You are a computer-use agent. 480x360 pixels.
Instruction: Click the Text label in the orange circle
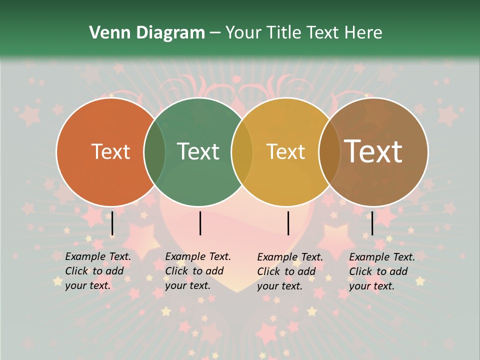[110, 151]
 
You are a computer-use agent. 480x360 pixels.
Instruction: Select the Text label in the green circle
[198, 151]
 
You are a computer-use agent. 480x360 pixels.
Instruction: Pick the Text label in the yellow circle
[285, 151]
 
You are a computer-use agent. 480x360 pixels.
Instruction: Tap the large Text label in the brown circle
[373, 151]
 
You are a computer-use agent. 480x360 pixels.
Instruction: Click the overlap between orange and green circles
[154, 151]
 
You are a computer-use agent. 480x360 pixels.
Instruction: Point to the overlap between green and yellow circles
[242, 151]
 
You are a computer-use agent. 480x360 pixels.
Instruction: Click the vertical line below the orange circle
[112, 223]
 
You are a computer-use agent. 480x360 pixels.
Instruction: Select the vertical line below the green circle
[200, 223]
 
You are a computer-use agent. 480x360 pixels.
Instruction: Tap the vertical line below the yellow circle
[288, 223]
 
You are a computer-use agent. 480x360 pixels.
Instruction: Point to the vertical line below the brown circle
[372, 223]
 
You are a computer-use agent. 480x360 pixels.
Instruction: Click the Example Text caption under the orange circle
[98, 271]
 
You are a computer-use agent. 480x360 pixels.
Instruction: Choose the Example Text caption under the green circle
[198, 271]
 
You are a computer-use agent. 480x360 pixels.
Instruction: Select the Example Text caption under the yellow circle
[290, 271]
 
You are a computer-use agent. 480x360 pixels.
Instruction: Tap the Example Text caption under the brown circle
[382, 271]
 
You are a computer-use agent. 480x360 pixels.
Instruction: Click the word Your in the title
[244, 33]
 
